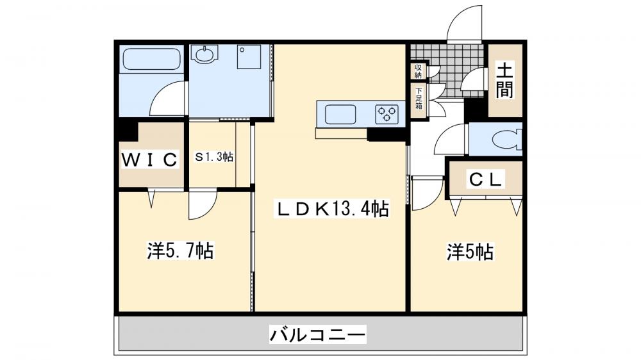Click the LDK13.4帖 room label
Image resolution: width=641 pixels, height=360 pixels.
click(332, 209)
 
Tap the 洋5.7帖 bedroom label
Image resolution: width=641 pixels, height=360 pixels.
click(180, 250)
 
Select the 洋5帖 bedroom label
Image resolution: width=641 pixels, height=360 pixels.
click(470, 252)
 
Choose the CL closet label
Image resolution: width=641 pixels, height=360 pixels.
click(485, 180)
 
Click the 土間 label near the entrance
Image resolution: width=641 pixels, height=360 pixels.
click(504, 80)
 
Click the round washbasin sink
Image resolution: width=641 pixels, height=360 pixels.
click(205, 55)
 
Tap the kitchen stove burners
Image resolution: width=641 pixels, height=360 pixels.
click(388, 115)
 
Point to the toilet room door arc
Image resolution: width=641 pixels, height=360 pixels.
click(452, 138)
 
